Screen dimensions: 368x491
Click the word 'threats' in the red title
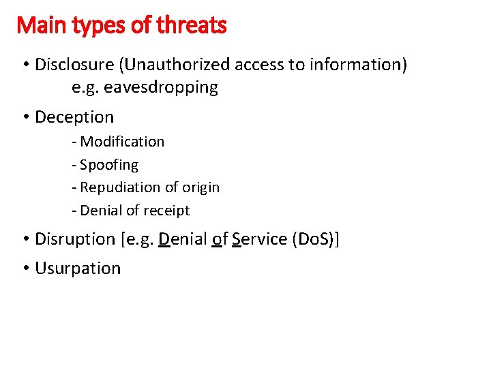(192, 26)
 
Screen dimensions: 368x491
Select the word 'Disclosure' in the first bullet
(75, 65)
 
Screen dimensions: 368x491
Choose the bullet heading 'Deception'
(74, 117)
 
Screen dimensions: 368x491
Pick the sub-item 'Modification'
(122, 142)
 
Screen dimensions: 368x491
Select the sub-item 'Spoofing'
(109, 165)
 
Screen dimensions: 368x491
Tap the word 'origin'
(200, 187)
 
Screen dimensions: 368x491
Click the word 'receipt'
(165, 211)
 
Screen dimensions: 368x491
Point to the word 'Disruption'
(75, 239)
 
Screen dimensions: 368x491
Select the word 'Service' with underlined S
(259, 239)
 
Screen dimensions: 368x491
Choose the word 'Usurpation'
(78, 269)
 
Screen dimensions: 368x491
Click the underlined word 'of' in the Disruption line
(220, 239)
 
